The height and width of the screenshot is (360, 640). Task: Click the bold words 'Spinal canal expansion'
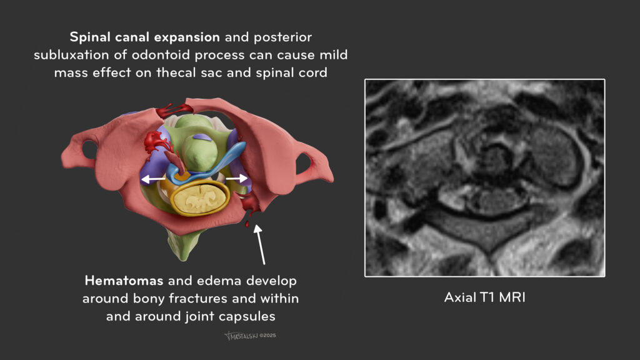point(145,37)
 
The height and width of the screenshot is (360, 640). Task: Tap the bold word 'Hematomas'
point(124,281)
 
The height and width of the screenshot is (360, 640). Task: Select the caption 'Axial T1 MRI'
point(484,297)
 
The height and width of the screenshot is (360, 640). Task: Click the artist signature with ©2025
point(250,336)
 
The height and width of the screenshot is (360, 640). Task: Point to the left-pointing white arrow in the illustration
point(152,179)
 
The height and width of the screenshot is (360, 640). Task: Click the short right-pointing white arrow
point(237,178)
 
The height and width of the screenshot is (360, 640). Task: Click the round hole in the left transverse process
point(89,150)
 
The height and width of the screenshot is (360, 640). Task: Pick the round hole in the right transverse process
point(303,163)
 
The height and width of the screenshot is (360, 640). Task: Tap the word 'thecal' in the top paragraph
point(176,72)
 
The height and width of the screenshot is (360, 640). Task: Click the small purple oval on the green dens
point(202,137)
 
